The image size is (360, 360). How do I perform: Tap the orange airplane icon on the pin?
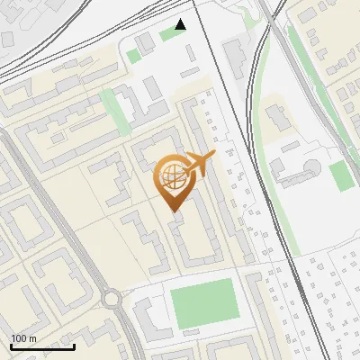click(200, 164)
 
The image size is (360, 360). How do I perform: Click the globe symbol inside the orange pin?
click(172, 176)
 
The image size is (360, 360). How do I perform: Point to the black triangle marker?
click(181, 24)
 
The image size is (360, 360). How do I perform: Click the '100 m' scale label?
click(24, 337)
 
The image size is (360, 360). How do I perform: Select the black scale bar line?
click(42, 346)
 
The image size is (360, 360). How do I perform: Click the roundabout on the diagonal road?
click(112, 299)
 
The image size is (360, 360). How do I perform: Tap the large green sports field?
click(202, 304)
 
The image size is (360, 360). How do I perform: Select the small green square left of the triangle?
click(134, 56)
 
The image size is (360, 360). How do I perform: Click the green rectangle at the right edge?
click(341, 176)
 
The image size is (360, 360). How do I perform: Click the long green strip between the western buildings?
click(114, 112)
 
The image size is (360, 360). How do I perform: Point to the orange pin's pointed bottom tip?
click(172, 210)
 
